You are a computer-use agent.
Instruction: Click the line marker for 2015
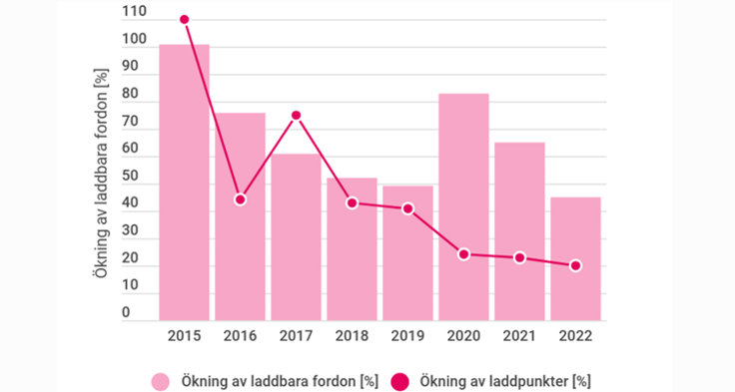tap(185, 20)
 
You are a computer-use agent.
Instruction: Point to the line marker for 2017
tap(297, 116)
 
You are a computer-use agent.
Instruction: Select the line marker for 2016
tap(241, 199)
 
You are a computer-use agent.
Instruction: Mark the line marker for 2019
tap(407, 208)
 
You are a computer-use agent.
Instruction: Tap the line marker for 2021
tap(519, 257)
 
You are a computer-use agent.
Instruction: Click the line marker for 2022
tap(575, 265)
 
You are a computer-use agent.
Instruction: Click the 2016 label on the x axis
tap(241, 335)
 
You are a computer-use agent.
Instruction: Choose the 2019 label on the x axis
tap(407, 335)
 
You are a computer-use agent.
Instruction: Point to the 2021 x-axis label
tap(519, 335)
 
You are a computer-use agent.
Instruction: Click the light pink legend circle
tap(161, 380)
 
